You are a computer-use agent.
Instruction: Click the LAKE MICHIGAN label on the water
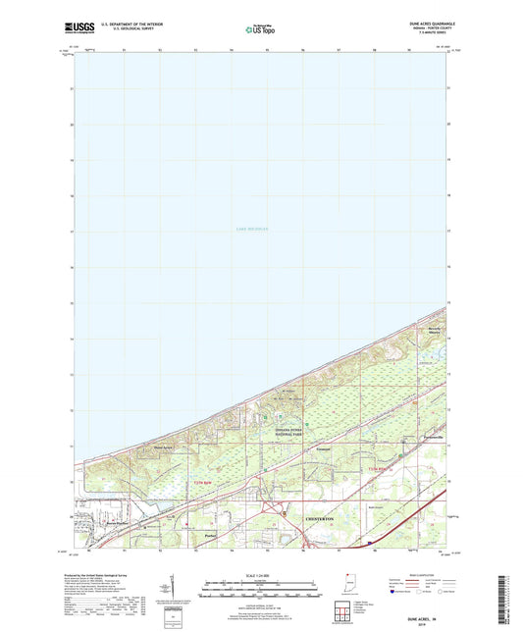pos(252,229)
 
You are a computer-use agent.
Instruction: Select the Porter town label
pos(209,536)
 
